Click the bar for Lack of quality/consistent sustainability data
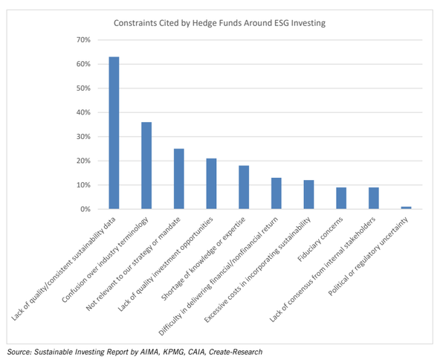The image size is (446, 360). click(114, 133)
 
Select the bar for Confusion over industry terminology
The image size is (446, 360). click(146, 165)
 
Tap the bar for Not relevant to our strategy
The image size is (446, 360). click(178, 179)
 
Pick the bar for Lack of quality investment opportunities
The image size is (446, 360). click(211, 184)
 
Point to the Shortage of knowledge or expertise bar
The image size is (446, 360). click(243, 187)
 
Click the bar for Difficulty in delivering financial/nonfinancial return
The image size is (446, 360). click(276, 193)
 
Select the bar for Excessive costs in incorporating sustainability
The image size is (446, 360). click(308, 195)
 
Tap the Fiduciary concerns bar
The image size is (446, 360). click(340, 199)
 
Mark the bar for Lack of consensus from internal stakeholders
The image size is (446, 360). click(373, 199)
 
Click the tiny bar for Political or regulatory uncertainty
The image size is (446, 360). click(405, 208)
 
